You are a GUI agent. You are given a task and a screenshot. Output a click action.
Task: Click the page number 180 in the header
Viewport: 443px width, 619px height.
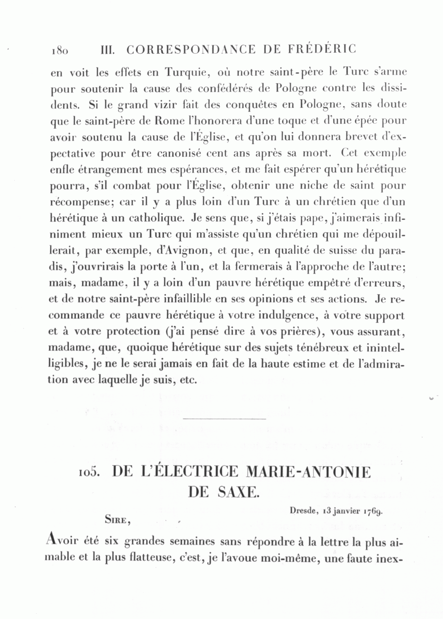point(59,50)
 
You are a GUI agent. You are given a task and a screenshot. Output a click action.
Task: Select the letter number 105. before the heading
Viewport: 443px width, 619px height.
point(89,473)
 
